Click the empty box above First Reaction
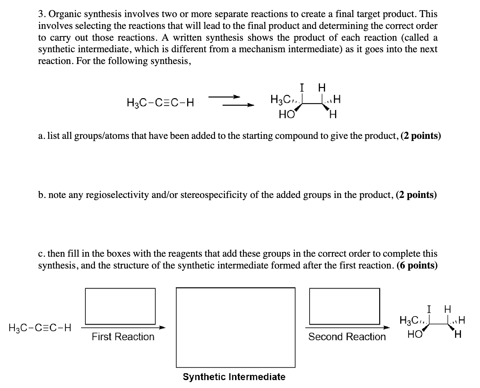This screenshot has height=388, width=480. click(x=120, y=306)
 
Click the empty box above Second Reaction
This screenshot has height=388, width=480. click(x=344, y=306)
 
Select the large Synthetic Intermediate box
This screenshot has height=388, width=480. click(x=235, y=327)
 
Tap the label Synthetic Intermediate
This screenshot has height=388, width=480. click(x=234, y=377)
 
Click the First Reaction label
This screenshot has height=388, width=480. click(x=123, y=336)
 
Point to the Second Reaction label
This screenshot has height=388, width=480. click(x=347, y=336)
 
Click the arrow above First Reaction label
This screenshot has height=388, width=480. click(x=123, y=327)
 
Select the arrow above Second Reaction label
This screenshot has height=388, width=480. click(x=347, y=327)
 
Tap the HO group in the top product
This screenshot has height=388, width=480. click(x=286, y=115)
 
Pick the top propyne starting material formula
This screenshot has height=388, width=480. click(x=160, y=103)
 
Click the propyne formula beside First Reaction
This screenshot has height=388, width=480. click(x=40, y=328)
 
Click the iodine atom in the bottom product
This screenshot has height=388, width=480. click(x=429, y=309)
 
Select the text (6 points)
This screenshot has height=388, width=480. click(x=417, y=265)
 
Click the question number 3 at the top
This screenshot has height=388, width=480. click(x=41, y=14)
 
